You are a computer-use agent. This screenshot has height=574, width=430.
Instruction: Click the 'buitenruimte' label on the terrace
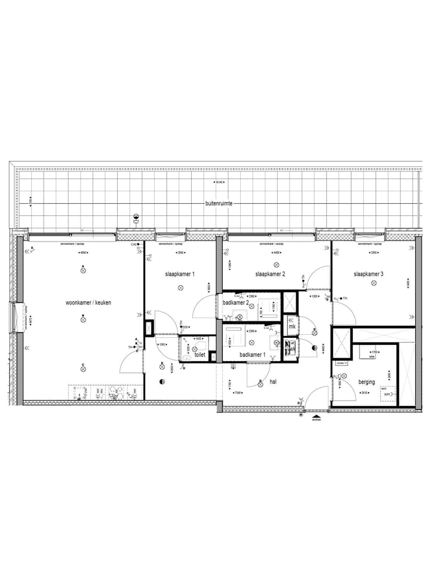pyautogui.click(x=219, y=204)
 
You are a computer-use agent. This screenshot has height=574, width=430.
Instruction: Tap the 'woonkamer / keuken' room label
pyautogui.click(x=88, y=303)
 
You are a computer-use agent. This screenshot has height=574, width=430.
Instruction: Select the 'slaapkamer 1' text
pyautogui.click(x=180, y=274)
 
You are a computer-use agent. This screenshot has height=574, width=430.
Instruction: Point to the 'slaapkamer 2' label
pyautogui.click(x=270, y=274)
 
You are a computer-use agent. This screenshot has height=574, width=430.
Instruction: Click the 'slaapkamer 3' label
pyautogui.click(x=368, y=274)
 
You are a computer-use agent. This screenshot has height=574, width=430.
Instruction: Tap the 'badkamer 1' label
pyautogui.click(x=253, y=355)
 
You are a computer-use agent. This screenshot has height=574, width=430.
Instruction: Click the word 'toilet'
pyautogui.click(x=199, y=355)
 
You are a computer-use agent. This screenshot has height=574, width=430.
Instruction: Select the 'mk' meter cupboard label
pyautogui.click(x=292, y=326)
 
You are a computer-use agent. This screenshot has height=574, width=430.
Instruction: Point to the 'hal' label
pyautogui.click(x=273, y=380)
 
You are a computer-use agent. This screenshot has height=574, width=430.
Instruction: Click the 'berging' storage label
pyautogui.click(x=367, y=381)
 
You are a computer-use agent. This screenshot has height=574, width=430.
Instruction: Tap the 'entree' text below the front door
pyautogui.click(x=316, y=419)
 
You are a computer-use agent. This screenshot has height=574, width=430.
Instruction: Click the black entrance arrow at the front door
pyautogui.click(x=316, y=413)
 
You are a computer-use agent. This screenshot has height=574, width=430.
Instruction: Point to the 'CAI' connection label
pyautogui.click(x=134, y=245)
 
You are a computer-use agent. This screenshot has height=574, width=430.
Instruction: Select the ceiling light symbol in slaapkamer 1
pyautogui.click(x=180, y=288)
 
